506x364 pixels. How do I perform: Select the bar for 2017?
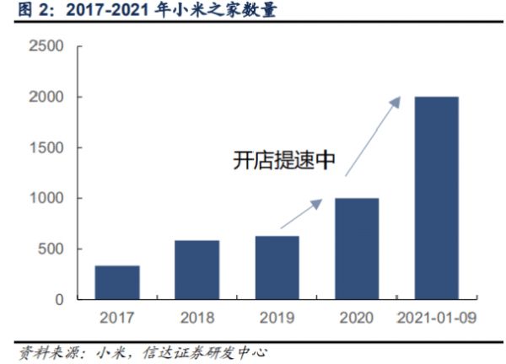point(117,282)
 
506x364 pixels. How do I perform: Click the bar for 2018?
point(197,270)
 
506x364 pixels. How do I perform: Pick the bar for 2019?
point(277,267)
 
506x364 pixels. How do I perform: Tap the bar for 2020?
point(358,249)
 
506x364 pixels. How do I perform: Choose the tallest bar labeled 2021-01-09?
point(437,198)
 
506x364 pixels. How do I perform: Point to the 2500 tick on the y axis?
point(48,46)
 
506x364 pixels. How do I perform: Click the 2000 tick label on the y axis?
point(48,97)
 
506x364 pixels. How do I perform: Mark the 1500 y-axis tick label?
point(48,147)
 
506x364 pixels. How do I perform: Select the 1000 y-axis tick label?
point(48,198)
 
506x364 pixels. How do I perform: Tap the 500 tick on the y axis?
point(53,249)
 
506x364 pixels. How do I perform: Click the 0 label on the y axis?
point(60,299)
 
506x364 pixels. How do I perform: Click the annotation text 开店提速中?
point(283,162)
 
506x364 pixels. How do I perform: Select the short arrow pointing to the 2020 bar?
point(301,213)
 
